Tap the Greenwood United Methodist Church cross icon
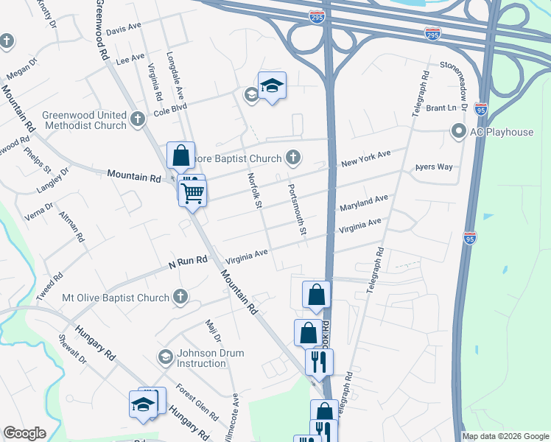coord(136,118)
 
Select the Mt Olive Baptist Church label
coord(116,298)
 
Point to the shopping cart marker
coord(193,194)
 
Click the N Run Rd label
coord(188,262)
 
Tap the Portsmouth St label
coord(297,209)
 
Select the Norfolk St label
coord(254,190)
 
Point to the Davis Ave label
coord(123,28)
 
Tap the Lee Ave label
coord(130,57)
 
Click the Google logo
coord(25,433)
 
